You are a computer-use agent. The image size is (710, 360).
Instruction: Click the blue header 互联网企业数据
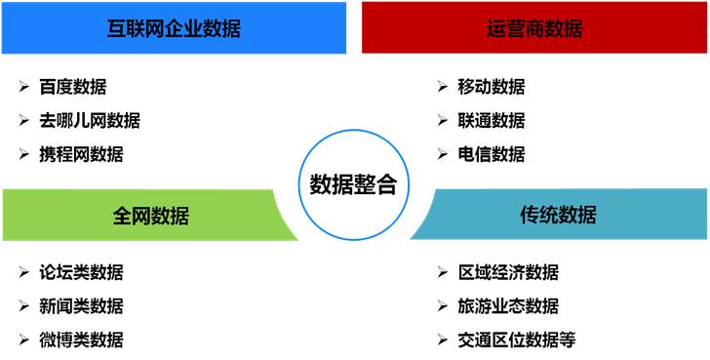click(174, 28)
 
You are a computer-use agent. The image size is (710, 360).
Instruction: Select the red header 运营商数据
click(534, 28)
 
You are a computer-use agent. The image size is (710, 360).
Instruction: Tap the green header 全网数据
click(150, 215)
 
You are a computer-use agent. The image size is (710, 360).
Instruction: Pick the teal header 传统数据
click(558, 215)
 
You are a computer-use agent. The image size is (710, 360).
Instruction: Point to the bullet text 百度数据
click(74, 87)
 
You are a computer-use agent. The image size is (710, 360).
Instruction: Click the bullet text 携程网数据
click(82, 153)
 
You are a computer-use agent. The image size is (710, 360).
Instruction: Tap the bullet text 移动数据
click(492, 87)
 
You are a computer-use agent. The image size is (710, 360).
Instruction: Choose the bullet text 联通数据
click(492, 120)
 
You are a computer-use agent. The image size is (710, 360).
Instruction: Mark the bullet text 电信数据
click(492, 153)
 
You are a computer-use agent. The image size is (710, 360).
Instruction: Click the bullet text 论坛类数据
click(82, 272)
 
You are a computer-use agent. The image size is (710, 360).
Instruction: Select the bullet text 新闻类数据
click(82, 305)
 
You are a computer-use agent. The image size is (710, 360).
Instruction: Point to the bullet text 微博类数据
click(82, 339)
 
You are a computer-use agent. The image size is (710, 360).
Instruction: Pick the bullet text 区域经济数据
click(508, 272)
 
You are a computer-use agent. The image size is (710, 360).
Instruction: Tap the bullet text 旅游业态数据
click(508, 305)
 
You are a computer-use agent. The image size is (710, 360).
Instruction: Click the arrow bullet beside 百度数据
click(23, 87)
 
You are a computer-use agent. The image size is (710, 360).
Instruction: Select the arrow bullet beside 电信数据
click(442, 153)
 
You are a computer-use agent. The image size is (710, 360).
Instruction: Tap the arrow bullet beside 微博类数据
click(23, 339)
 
